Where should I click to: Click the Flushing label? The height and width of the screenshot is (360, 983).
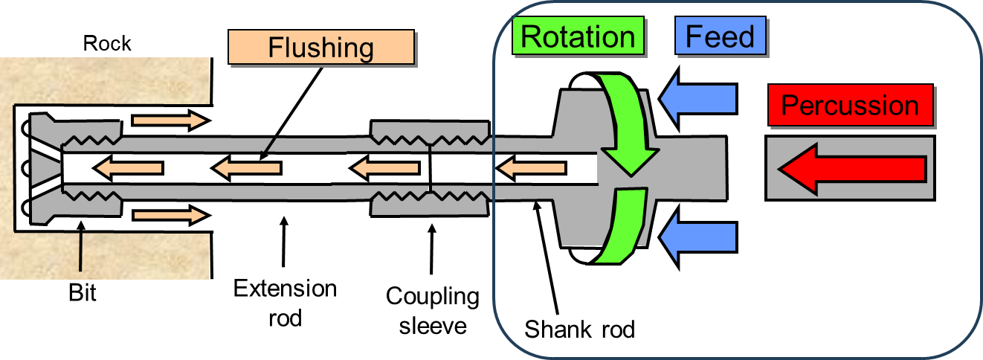(320, 48)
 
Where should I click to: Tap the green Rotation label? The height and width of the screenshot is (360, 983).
(578, 36)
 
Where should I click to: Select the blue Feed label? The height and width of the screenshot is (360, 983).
(720, 36)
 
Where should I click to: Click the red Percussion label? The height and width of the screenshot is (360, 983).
(850, 106)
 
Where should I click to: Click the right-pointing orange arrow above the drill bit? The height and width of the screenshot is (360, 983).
(169, 120)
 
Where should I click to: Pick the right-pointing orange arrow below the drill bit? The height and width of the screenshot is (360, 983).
(169, 216)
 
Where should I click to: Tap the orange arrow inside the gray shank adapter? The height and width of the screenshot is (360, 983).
(531, 169)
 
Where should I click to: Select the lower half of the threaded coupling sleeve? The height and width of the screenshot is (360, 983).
(430, 203)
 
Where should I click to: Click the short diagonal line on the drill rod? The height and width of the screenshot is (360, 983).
(270, 144)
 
